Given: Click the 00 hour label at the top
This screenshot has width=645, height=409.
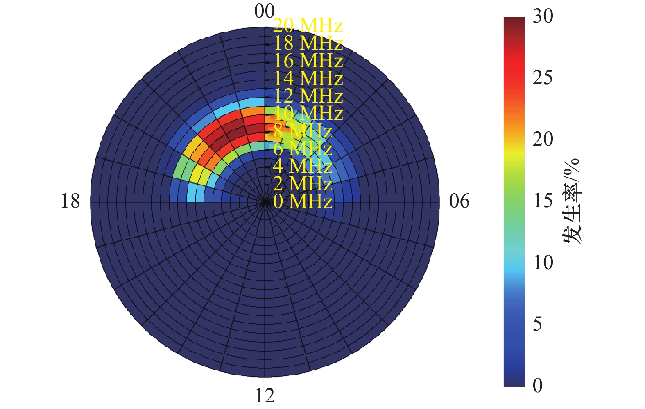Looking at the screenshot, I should point(264,11).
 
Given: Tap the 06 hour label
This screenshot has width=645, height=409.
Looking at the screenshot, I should point(459,201).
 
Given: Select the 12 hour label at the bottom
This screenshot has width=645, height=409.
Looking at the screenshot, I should point(265,396).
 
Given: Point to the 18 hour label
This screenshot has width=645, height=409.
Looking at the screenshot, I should point(70,201).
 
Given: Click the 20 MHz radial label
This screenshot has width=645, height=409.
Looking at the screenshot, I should point(308,26).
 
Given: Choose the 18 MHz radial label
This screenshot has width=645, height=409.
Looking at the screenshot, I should point(308,43).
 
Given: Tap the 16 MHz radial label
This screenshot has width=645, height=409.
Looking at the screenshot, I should point(308,61).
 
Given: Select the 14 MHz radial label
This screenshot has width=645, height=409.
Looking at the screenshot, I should point(308,78).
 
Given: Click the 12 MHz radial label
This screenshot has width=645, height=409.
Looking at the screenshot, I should point(308,96).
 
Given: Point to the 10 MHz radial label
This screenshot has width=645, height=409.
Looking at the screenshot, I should point(308,113).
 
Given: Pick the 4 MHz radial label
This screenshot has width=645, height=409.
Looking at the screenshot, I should point(302,166).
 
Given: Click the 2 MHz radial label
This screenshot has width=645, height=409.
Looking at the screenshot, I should point(302,184).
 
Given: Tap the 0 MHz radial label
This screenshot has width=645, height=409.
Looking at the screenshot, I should point(302,201).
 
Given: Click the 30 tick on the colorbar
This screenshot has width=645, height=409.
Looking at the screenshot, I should point(543,16).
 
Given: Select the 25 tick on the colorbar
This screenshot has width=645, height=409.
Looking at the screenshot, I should point(543,78).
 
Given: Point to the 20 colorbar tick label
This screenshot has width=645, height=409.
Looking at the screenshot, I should point(543,139).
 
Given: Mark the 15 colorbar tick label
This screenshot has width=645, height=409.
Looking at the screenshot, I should point(543,201).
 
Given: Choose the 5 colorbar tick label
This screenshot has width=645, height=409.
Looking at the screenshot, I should point(538,324).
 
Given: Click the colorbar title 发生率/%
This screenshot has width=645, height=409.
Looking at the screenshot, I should point(572,201).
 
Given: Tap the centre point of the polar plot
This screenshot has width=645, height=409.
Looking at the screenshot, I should point(264,202).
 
